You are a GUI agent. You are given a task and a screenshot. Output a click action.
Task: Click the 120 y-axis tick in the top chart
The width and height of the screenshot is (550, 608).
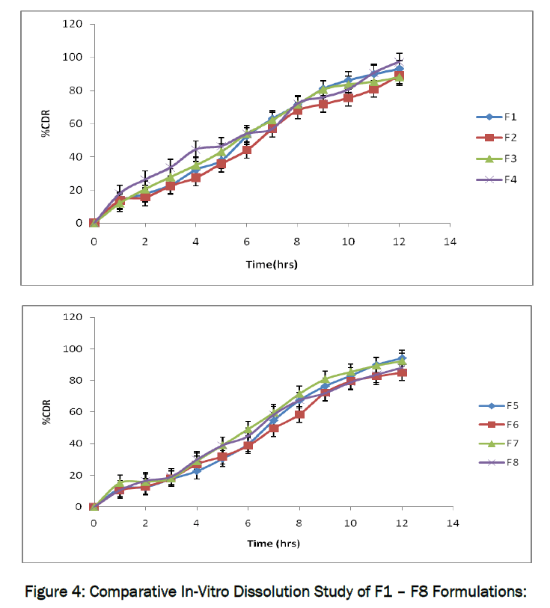click(x=73, y=24)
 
